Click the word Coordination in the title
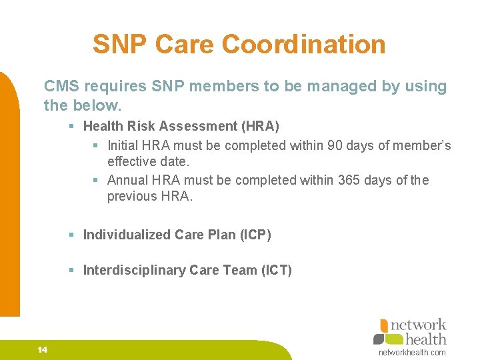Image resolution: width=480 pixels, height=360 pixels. point(303,45)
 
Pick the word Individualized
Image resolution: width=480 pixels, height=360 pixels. point(127,235)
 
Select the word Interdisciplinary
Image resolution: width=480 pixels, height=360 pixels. point(134,270)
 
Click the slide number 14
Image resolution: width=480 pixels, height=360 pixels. point(43,350)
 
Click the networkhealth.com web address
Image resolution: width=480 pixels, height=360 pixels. point(411,352)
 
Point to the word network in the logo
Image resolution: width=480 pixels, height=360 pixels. point(418,325)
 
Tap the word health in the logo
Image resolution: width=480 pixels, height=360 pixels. point(426,339)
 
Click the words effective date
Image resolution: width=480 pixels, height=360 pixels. point(148,161)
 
